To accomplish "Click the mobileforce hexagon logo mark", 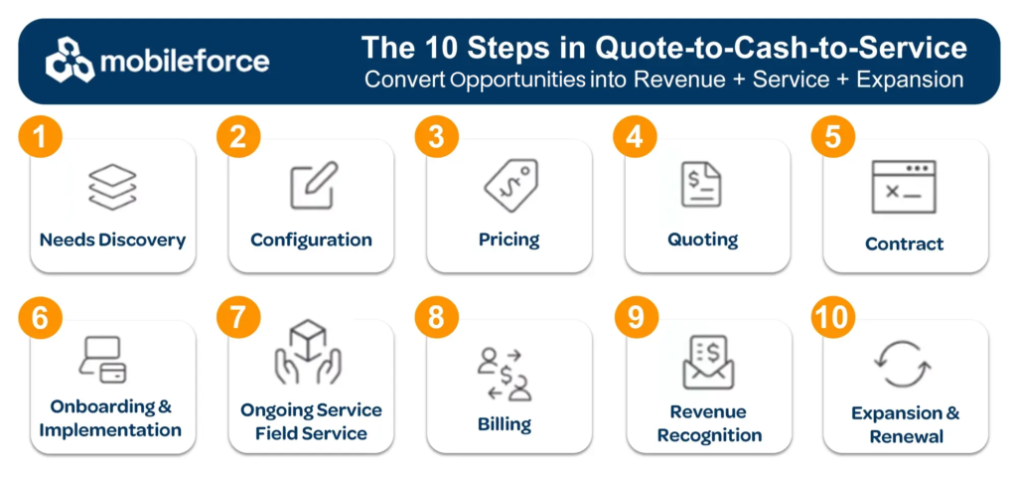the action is tap(71, 61).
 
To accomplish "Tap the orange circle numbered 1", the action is tap(40, 138).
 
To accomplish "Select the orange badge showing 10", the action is tap(833, 319).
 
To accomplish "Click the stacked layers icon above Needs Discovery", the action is tap(112, 188).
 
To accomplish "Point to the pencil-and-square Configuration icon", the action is tap(314, 185).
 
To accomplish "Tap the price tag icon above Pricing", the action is tap(511, 186).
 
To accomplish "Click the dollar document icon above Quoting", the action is tap(700, 185).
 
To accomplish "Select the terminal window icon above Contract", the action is tap(904, 187).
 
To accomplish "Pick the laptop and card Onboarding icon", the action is tap(102, 360).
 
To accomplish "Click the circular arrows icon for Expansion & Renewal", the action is tap(903, 364).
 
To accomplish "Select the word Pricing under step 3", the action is tap(509, 240).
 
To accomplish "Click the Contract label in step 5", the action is tap(904, 243).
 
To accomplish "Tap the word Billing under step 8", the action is tap(505, 424).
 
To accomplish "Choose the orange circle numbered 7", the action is tap(238, 319).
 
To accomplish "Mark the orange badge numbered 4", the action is tap(635, 138).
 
